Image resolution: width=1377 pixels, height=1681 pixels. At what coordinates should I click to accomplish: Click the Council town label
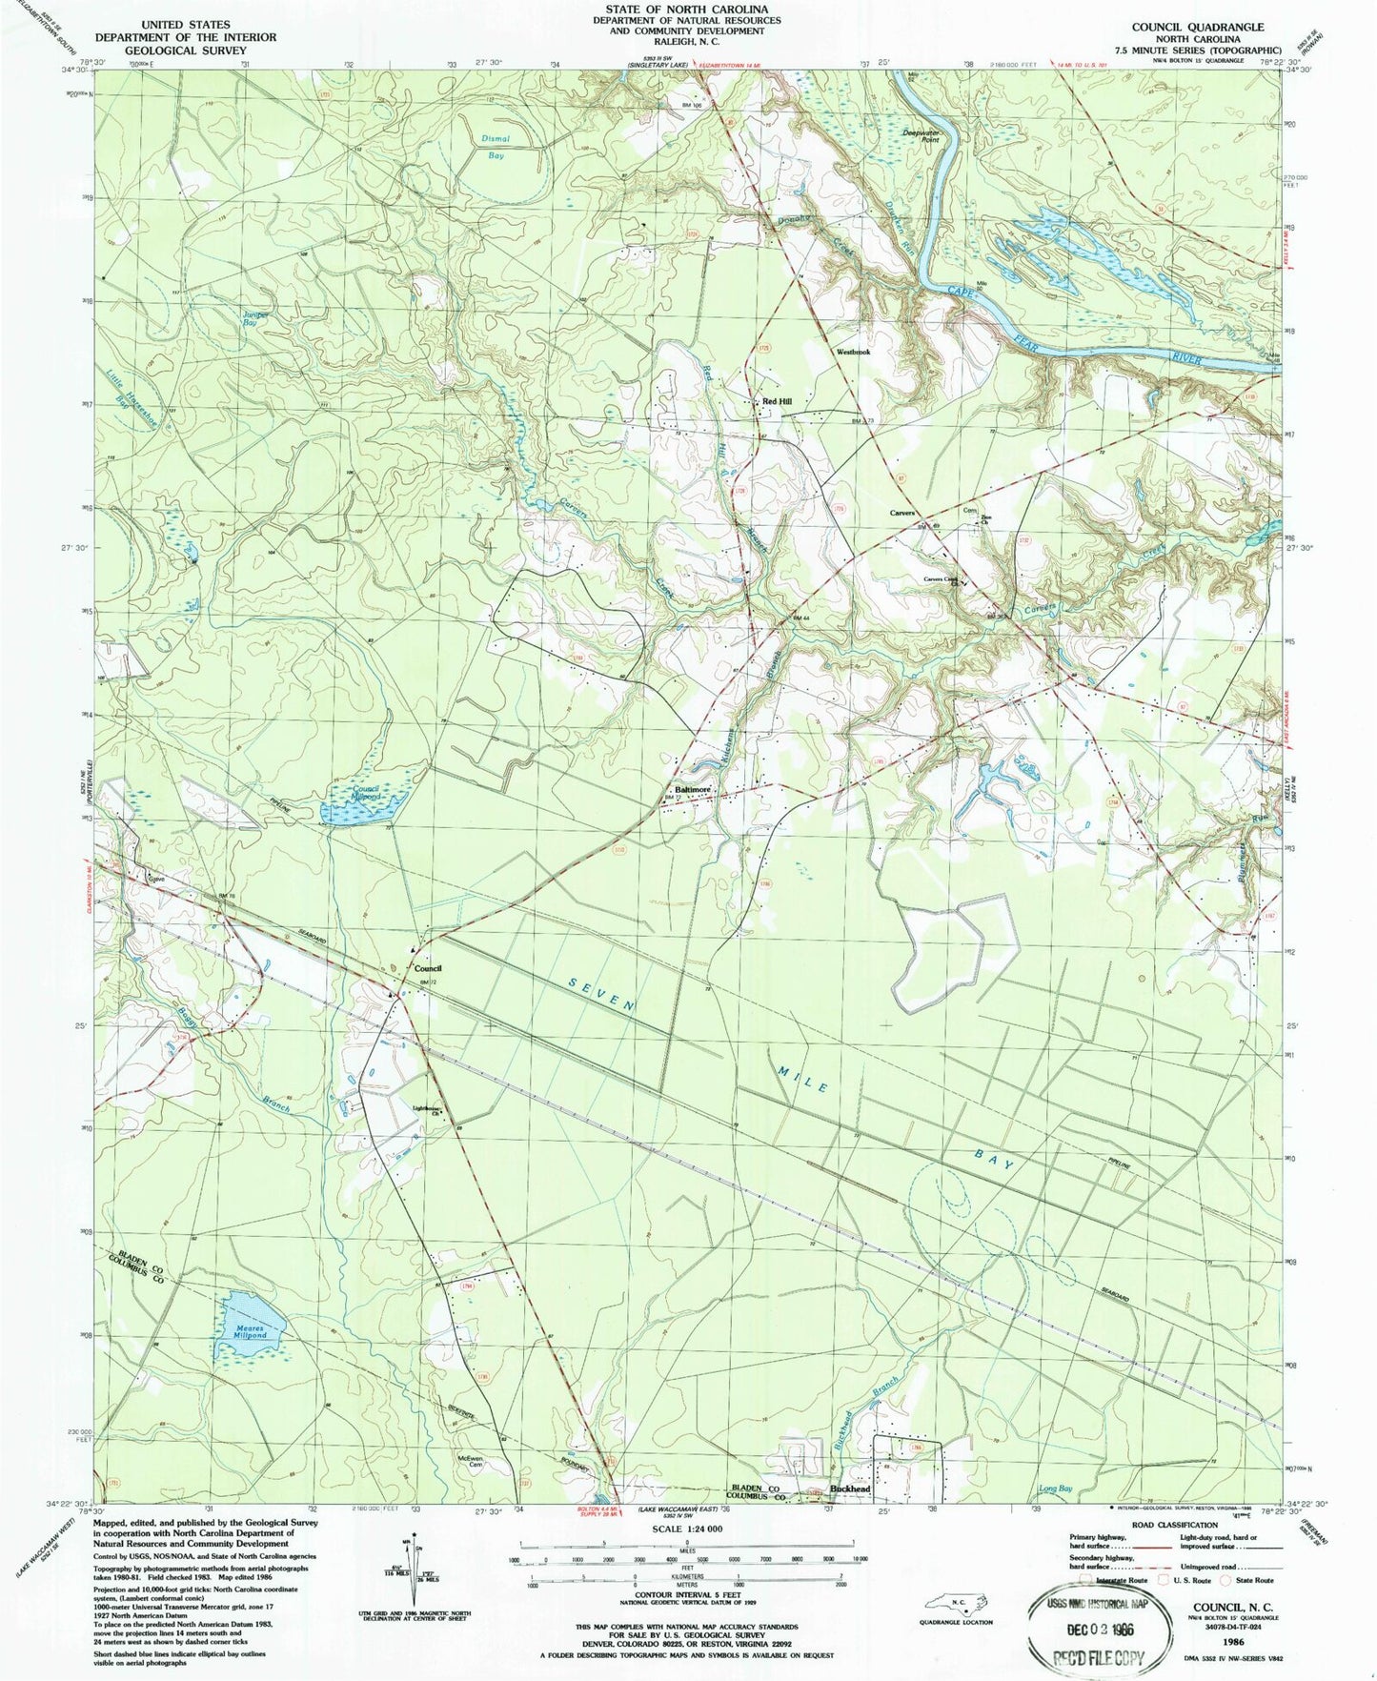[428, 968]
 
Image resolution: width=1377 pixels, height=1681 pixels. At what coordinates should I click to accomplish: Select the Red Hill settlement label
[777, 402]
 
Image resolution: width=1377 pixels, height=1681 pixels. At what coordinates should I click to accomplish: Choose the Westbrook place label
[853, 352]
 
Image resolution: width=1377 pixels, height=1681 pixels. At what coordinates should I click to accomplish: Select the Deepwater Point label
[920, 136]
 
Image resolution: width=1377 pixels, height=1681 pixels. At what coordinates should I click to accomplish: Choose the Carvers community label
[901, 514]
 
